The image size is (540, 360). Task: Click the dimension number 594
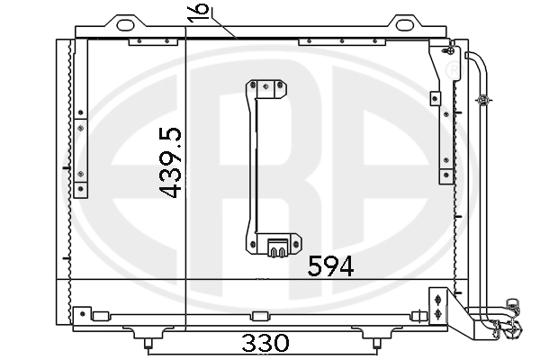(330, 266)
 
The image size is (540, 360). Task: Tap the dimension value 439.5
(170, 163)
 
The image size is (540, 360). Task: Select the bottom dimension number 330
(265, 342)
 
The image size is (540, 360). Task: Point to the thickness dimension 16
(199, 13)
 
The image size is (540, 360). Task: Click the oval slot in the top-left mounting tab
(125, 25)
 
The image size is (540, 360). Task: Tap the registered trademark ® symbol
(454, 70)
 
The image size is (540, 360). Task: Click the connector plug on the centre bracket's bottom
(277, 248)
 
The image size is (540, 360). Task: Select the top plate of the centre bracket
(266, 89)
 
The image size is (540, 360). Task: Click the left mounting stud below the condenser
(148, 344)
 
